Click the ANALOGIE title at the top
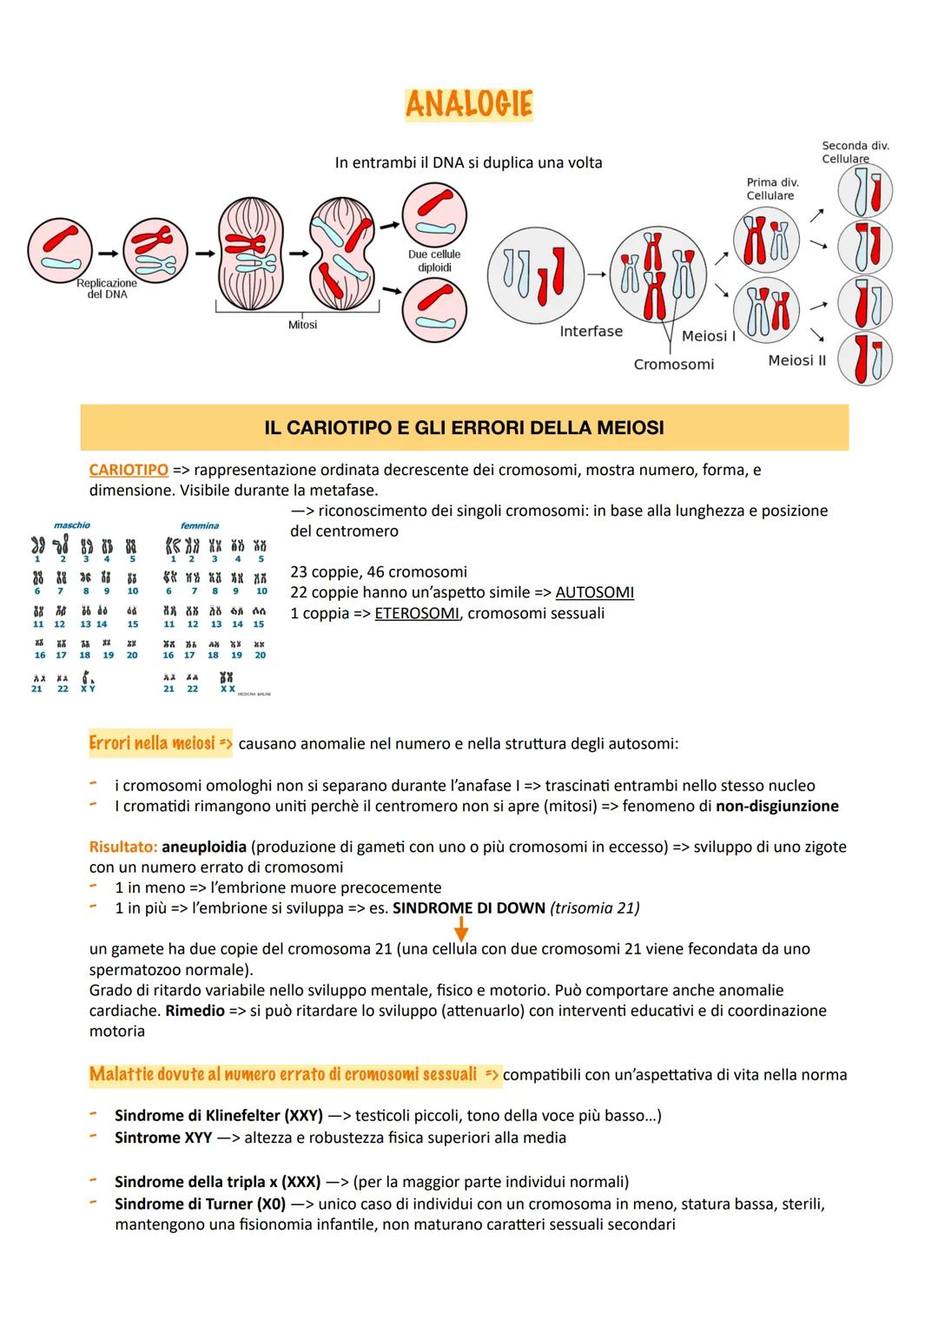coord(468,104)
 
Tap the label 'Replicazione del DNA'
coord(107,288)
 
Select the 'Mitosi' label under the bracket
coord(302,325)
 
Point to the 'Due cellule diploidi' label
coord(434,261)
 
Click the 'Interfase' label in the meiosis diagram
coord(591,331)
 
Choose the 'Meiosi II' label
coord(796,360)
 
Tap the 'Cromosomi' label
coord(673,364)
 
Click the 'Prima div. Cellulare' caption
coord(772,188)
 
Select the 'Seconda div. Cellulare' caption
coord(855,152)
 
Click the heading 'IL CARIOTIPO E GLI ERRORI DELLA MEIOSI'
coord(464,427)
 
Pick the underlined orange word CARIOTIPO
coord(129,470)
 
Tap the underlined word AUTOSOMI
coord(594,592)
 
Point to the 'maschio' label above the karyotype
coord(72,525)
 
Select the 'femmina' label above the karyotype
coord(199,525)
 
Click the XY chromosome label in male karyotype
coord(88,689)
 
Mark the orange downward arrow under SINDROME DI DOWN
coord(461,930)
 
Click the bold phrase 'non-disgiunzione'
coord(776,806)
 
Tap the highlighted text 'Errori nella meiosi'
coord(152,743)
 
